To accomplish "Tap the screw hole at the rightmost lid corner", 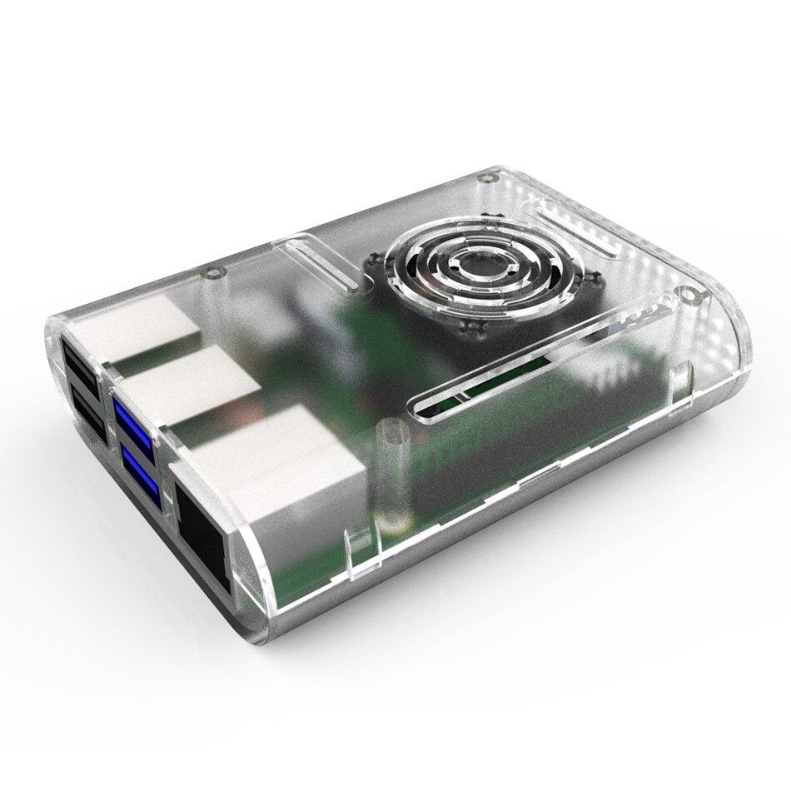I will [687, 292].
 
